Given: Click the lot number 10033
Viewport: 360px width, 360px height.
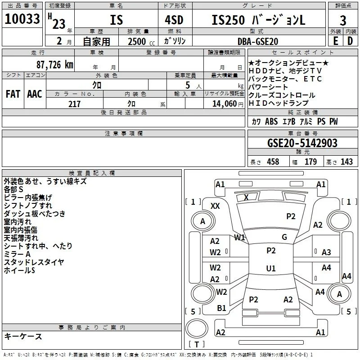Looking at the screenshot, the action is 22,19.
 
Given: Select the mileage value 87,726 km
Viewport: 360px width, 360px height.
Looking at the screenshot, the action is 55,64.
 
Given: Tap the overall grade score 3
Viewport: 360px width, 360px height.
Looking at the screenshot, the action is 343,20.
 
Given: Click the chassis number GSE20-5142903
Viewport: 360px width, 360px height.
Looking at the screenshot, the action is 302,143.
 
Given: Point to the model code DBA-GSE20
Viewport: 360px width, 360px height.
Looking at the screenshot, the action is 258,41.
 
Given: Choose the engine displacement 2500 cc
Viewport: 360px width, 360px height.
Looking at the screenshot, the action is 141,41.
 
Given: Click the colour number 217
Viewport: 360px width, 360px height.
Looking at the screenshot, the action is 74,104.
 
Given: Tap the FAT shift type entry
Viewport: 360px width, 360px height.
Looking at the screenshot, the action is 13,94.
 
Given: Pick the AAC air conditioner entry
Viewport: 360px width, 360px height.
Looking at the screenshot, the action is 35,94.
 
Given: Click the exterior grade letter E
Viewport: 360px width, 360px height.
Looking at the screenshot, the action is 335,41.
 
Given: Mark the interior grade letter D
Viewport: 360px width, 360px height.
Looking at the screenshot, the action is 350,41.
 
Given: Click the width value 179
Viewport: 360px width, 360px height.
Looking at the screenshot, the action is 310,162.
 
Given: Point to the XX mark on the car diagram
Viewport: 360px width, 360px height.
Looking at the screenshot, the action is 215,206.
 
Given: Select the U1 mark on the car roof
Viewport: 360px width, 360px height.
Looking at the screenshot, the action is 271,268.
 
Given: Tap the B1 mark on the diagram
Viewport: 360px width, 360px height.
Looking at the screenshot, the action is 221,308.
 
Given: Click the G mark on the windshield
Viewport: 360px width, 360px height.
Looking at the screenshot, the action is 284,237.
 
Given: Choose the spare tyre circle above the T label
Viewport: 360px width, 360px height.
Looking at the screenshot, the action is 197,328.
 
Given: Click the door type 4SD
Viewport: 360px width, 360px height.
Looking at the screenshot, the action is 174,20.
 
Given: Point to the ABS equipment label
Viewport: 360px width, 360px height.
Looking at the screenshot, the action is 271,121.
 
